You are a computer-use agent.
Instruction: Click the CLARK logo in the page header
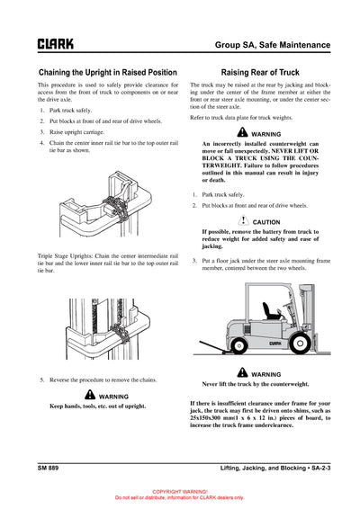click(55, 43)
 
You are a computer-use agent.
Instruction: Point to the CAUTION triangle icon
click(243, 220)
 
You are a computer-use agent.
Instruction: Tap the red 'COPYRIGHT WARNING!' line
click(179, 492)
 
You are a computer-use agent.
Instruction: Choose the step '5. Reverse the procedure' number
click(42, 380)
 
